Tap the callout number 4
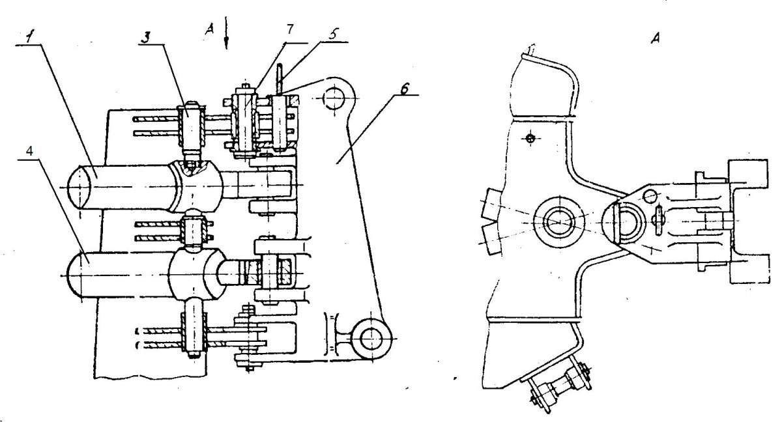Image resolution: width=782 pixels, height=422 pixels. [x=30, y=151]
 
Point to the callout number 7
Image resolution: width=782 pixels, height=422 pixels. [x=291, y=29]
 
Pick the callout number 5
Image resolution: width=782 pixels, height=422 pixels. [x=333, y=34]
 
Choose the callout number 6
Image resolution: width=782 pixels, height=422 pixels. [x=404, y=89]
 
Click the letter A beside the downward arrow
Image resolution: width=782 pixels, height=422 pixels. [x=209, y=30]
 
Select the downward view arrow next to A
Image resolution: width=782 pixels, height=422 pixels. [x=226, y=33]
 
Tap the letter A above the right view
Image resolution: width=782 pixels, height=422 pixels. [x=656, y=38]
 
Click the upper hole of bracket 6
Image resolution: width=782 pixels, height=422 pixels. [x=334, y=98]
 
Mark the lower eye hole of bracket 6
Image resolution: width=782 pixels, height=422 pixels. [x=371, y=339]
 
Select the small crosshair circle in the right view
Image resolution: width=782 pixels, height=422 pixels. [x=530, y=139]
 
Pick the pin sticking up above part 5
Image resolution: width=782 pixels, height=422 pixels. [x=280, y=78]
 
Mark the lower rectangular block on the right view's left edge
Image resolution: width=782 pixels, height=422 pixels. [x=491, y=239]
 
